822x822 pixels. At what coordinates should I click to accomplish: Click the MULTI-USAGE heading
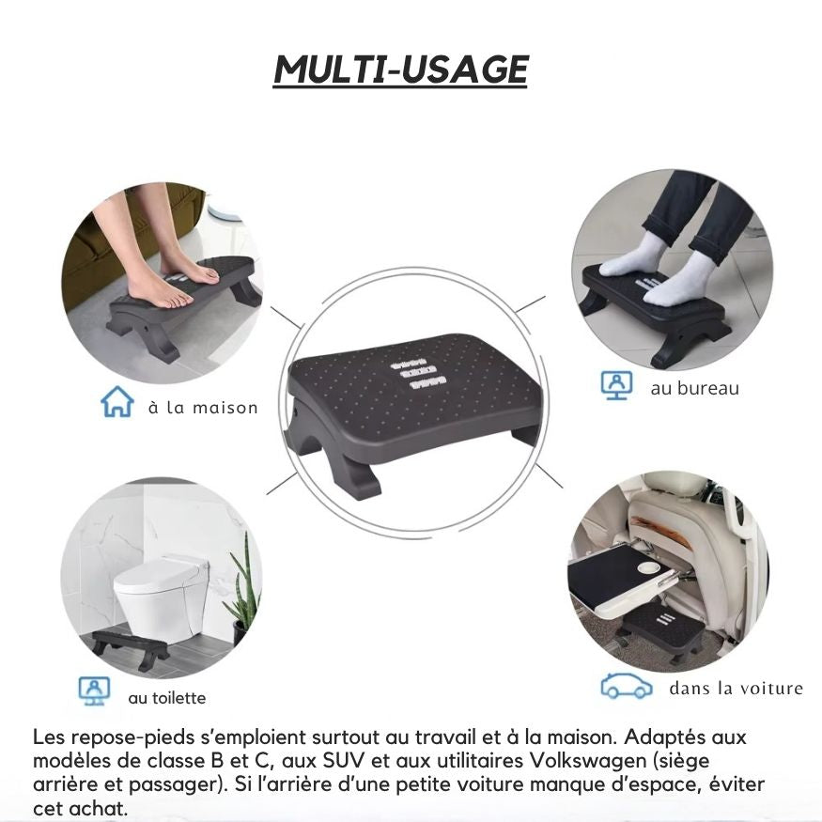point(401,70)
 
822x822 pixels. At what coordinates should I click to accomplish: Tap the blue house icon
point(116,404)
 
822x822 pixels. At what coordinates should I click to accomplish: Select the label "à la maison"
point(202,408)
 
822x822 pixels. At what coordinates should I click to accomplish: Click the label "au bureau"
point(694,388)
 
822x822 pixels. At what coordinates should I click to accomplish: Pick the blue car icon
point(627,688)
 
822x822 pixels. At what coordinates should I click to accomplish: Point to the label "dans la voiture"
point(736,689)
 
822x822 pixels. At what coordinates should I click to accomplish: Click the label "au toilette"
point(166,698)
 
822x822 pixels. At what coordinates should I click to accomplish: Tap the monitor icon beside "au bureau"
point(616,385)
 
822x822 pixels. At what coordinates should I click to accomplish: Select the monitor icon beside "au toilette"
point(94,690)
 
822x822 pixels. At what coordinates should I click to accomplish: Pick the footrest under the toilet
point(130,646)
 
